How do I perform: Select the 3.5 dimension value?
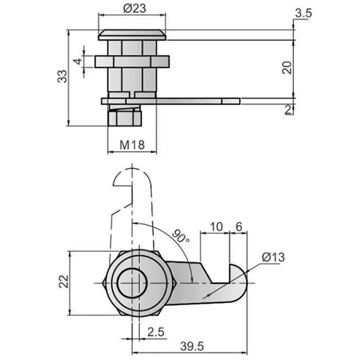click(x=304, y=13)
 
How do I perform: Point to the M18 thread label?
click(x=131, y=145)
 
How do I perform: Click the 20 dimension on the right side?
click(x=285, y=67)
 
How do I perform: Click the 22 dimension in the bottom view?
click(x=63, y=282)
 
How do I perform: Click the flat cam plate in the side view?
click(x=197, y=101)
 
